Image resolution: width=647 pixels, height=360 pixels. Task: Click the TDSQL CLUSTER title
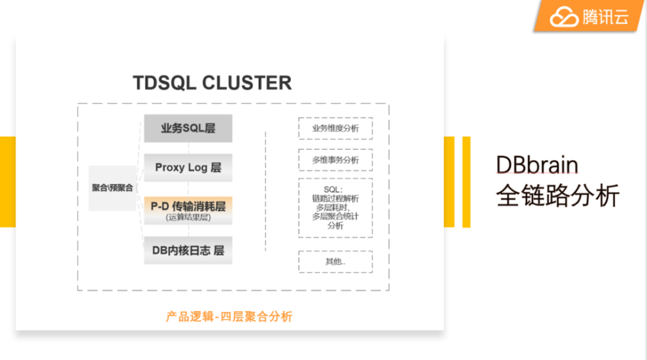(212, 84)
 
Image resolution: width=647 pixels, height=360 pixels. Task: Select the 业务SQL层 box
(188, 128)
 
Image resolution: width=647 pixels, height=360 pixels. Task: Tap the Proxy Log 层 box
(188, 167)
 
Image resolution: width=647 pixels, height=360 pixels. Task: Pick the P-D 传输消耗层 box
(188, 210)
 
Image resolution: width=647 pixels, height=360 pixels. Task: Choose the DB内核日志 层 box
(188, 250)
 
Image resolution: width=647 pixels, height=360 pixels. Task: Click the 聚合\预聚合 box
(113, 188)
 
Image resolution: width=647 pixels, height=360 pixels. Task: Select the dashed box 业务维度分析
(335, 128)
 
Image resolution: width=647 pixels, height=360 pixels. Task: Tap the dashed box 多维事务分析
(335, 160)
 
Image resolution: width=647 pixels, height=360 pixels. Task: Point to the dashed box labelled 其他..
(335, 262)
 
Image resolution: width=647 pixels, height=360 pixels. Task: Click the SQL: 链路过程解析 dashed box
(335, 208)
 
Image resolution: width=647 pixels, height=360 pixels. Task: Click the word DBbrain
(536, 166)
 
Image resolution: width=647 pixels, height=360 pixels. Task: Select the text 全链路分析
(557, 196)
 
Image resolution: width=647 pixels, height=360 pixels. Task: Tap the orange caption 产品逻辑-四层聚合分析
(229, 317)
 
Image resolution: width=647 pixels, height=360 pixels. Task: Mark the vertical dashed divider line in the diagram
(266, 191)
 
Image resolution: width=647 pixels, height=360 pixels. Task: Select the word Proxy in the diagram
(170, 167)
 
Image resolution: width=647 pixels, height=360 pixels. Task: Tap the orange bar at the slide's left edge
(7, 181)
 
